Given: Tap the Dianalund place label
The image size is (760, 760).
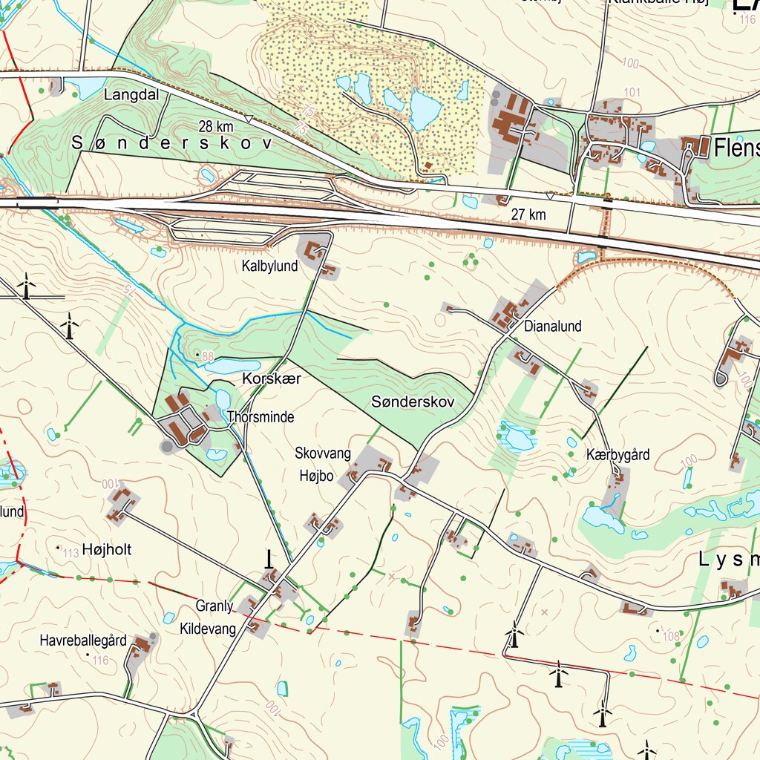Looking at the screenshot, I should pos(553,326).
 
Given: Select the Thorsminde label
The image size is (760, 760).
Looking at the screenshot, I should pos(261,417).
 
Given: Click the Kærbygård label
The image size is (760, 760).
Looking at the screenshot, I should pos(617,455).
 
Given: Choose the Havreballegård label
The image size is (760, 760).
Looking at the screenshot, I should pos(83,640).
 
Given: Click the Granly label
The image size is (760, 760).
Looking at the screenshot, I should pos(214,606).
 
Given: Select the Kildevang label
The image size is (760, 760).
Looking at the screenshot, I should pos(208,629).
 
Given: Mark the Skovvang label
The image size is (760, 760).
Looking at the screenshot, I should pos(323,453).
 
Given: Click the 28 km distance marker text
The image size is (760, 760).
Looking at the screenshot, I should pos(216,126).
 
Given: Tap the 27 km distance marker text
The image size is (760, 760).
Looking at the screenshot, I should pos(528,214).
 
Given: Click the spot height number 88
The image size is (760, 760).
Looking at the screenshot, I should pos(207,357).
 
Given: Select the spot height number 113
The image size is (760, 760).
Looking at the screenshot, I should pos(71,553).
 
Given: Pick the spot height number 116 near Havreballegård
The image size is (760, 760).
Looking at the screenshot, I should pos(100,660).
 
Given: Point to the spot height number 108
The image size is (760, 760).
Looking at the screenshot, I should pos(672,635).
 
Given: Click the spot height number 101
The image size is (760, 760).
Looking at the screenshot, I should pos(632,92).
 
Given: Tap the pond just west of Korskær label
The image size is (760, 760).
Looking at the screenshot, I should pos(232,367).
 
